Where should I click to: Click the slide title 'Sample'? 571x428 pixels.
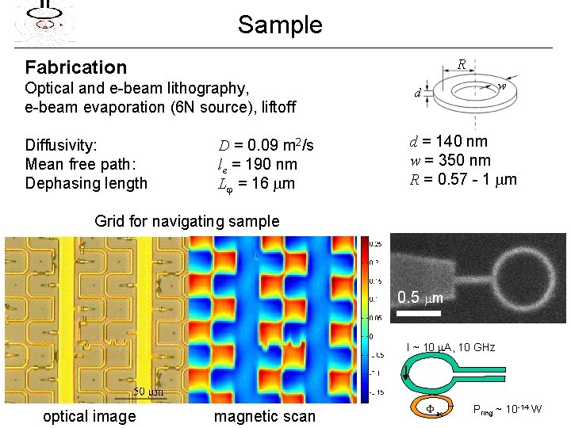280,25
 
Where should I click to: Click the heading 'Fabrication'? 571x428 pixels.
76,67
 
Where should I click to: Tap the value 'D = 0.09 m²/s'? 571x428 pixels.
266,145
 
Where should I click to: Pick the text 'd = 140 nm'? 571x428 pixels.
448,142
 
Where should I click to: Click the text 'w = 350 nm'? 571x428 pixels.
450,160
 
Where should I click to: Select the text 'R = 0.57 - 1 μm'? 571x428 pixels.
462,178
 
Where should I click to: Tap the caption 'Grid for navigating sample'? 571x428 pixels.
186,221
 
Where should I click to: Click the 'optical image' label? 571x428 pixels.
89,416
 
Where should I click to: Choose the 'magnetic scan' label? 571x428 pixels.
264,416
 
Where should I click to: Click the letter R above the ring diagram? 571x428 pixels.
461,65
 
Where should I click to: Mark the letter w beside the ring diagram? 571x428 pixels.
502,86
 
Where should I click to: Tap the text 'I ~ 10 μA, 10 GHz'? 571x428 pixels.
450,347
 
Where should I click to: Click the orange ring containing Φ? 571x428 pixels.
432,407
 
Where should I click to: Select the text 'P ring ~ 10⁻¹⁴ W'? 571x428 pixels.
508,410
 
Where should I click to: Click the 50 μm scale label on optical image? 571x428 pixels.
148,392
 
